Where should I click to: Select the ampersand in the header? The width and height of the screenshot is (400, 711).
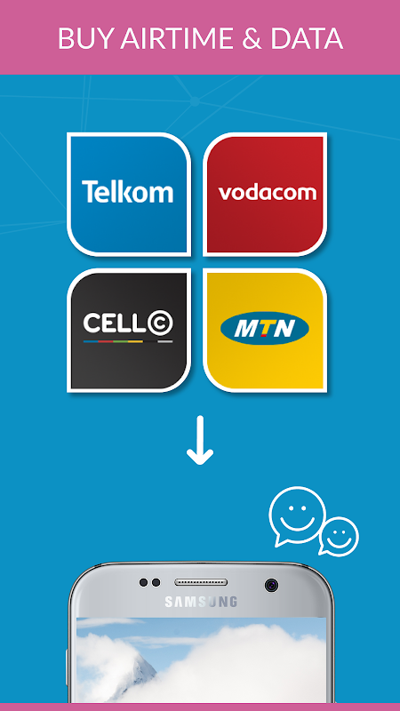252,38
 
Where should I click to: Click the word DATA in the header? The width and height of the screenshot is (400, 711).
307,38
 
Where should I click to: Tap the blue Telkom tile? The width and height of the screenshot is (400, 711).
129,194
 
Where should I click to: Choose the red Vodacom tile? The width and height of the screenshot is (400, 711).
265,194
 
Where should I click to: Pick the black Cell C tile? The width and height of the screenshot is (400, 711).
129,330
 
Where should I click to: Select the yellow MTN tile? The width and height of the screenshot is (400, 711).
265,330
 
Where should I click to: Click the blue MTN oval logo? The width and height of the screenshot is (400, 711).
265,328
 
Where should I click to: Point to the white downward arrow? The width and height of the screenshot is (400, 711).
200,440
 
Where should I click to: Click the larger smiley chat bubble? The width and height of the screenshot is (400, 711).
297,515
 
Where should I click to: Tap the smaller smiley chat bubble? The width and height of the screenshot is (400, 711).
339,536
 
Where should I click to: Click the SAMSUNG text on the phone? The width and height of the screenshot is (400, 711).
201,602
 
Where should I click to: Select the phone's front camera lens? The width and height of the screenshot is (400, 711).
272,585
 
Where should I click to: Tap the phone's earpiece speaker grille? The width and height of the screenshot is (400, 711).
201,582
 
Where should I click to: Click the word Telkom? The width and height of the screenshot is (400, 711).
127,191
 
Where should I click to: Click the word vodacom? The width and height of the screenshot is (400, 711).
268,193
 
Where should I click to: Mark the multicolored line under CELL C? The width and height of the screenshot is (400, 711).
128,341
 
